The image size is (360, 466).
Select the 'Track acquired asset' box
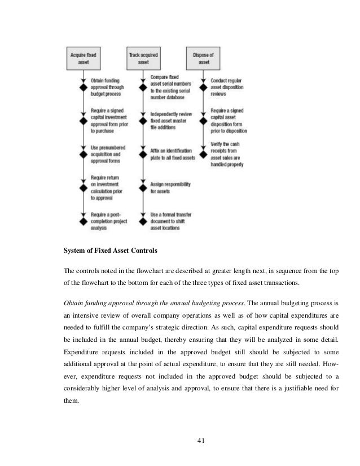[x=143, y=58]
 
